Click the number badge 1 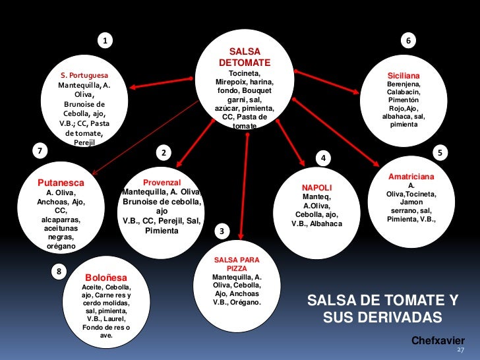coord(104,41)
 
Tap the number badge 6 coord(409,41)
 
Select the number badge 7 coord(40,150)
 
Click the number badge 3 coord(222,231)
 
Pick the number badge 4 coord(323,158)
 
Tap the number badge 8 coord(59,271)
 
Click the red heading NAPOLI coord(316,188)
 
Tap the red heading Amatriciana coord(411,177)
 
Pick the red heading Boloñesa coord(106,278)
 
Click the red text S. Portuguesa coord(84,75)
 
